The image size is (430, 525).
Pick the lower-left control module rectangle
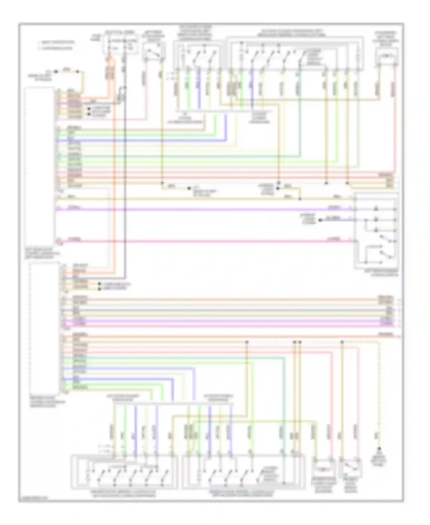click(44, 327)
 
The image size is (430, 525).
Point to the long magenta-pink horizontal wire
click(201, 241)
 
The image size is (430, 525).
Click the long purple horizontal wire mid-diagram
click(201, 209)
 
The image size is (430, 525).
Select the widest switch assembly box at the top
click(295, 53)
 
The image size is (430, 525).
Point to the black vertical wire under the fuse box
click(125, 172)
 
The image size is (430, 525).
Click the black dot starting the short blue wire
click(320, 220)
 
